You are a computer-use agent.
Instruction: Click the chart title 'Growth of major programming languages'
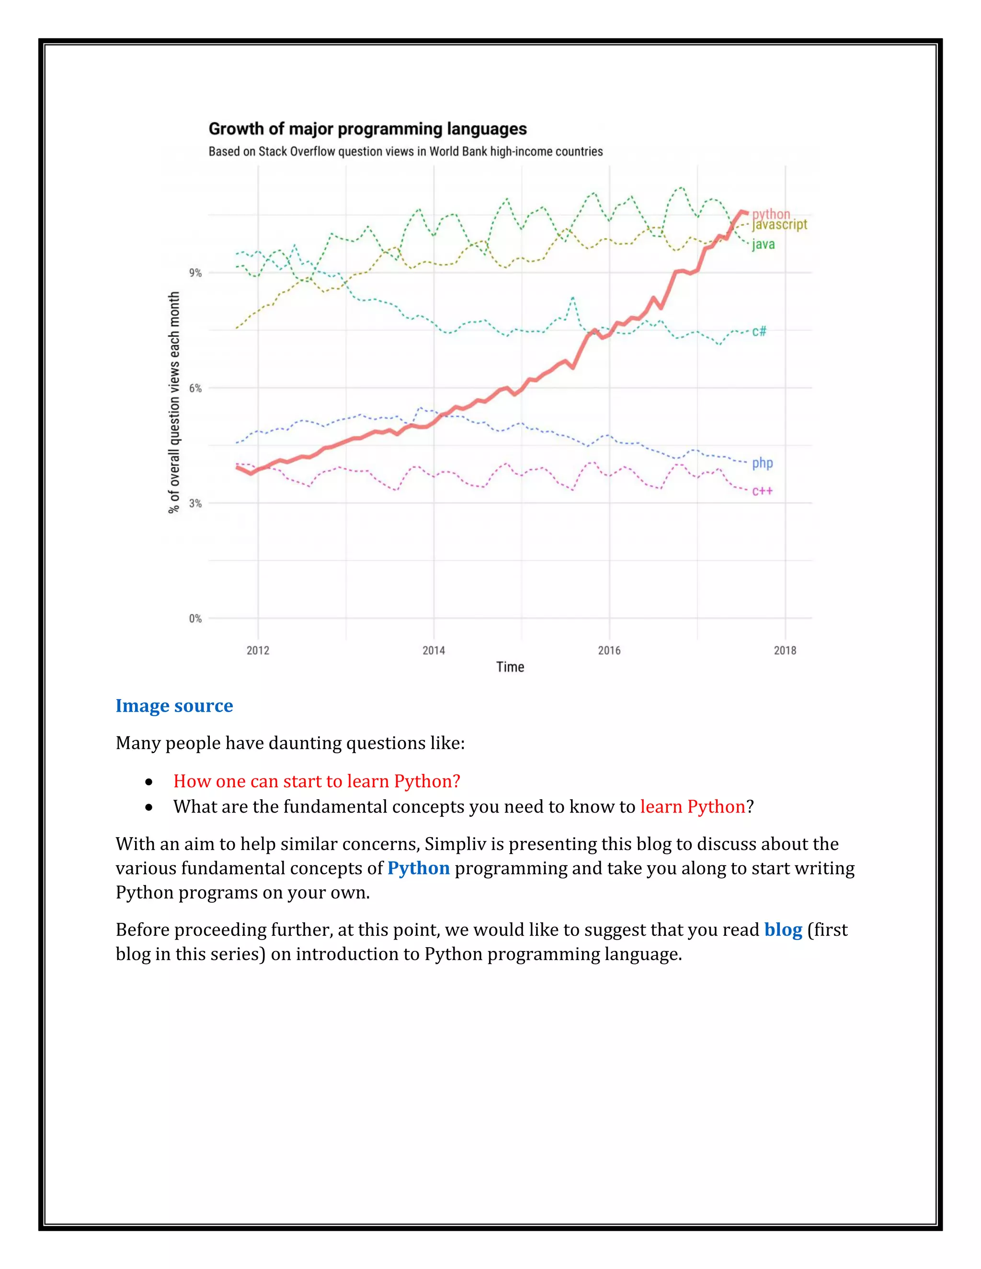tap(367, 129)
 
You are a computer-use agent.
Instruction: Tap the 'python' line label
tap(771, 214)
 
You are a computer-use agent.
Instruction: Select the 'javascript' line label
tap(779, 224)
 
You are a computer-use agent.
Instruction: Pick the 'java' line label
tap(763, 244)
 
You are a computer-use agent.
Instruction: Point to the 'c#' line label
tap(759, 331)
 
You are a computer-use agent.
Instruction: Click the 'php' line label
tap(763, 463)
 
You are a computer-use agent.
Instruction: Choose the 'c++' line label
tap(763, 491)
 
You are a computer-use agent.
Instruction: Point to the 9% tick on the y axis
tap(195, 272)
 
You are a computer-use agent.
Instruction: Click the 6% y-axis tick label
tap(195, 388)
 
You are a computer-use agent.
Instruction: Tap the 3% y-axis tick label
tap(195, 503)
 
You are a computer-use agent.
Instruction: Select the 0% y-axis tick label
tap(195, 618)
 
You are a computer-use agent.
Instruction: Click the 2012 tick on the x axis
tap(258, 650)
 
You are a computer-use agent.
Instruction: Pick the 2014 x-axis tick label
tap(433, 650)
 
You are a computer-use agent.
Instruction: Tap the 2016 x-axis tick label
tap(609, 650)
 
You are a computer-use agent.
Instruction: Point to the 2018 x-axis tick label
tap(785, 650)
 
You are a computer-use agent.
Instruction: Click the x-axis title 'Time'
tap(510, 667)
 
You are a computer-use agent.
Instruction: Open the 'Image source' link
tap(174, 705)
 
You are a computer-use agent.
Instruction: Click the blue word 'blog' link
tap(783, 929)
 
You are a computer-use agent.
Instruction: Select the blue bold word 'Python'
tap(419, 868)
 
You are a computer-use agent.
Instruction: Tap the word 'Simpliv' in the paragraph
tap(455, 844)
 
